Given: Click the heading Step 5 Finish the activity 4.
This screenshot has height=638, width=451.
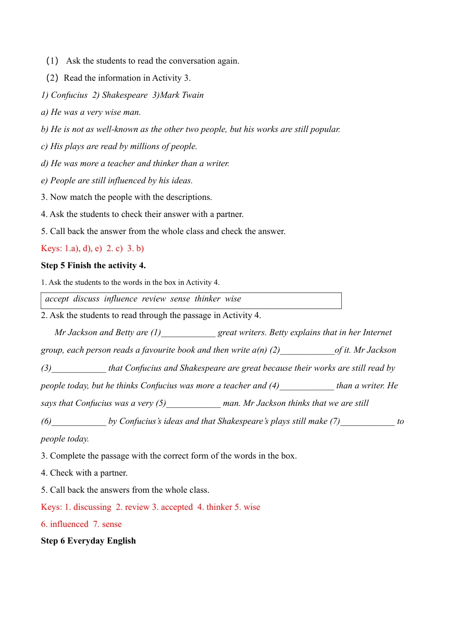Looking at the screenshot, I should click(x=93, y=265).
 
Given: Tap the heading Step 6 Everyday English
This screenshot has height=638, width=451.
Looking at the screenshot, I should click(x=88, y=541).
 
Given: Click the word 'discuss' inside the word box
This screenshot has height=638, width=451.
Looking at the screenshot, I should click(x=86, y=299).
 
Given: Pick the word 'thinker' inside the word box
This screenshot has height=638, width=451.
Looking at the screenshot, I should click(x=207, y=299).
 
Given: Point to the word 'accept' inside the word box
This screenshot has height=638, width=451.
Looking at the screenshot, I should click(x=57, y=299).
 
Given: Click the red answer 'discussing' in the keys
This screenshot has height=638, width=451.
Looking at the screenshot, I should click(x=92, y=507).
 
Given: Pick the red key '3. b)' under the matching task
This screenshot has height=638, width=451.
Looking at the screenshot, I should click(x=135, y=248).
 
